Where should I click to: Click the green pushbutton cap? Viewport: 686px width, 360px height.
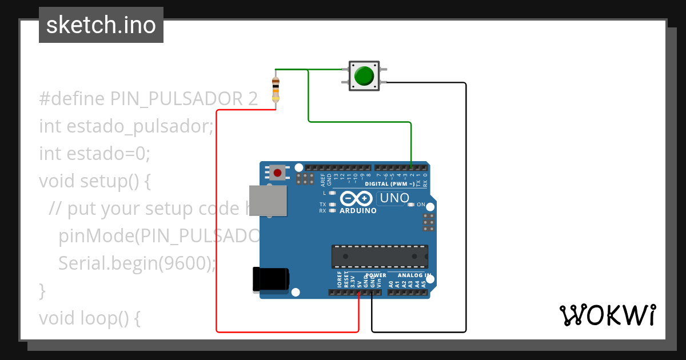(x=364, y=75)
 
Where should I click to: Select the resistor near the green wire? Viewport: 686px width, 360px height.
(x=276, y=89)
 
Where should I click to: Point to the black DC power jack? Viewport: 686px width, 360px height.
(x=271, y=281)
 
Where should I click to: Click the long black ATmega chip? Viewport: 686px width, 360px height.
(x=380, y=256)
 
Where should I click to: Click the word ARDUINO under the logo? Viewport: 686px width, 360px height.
(x=358, y=210)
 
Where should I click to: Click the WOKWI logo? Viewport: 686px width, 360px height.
(x=607, y=315)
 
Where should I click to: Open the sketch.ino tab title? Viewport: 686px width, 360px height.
(x=101, y=25)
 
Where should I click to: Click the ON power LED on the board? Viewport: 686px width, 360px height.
(x=411, y=205)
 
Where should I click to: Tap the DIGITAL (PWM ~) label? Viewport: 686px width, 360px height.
(x=393, y=184)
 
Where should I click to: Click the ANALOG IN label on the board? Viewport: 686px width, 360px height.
(x=414, y=275)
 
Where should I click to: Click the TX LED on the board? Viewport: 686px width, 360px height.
(x=332, y=204)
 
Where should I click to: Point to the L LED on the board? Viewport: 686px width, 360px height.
(x=332, y=193)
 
